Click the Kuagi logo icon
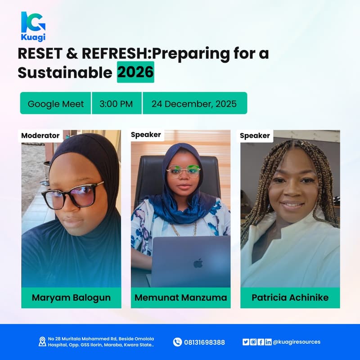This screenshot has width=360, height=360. pos(33,21)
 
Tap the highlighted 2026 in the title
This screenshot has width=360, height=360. pos(135,72)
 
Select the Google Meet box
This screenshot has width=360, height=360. pos(56,103)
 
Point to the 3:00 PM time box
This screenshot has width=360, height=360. pos(116,103)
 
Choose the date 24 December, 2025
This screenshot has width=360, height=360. pos(194,103)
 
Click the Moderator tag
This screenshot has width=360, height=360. pos(40,135)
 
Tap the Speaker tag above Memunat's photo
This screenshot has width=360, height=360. pos(146,135)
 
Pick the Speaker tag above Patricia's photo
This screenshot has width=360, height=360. pos(255,135)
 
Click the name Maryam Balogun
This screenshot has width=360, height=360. pos(71,297)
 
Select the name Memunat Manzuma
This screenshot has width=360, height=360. pos(180,297)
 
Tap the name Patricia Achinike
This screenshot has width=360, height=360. pos(290,297)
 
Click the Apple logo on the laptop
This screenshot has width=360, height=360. pos(198,263)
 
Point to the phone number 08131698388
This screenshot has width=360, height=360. pos(204,342)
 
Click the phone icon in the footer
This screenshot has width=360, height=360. pos(177,342)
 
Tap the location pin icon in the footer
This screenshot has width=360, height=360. pos(42,342)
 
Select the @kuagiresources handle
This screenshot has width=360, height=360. pos(297,342)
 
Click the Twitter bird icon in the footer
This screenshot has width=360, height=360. pos(246,342)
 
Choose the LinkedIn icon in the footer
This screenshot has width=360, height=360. pos(268,342)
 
